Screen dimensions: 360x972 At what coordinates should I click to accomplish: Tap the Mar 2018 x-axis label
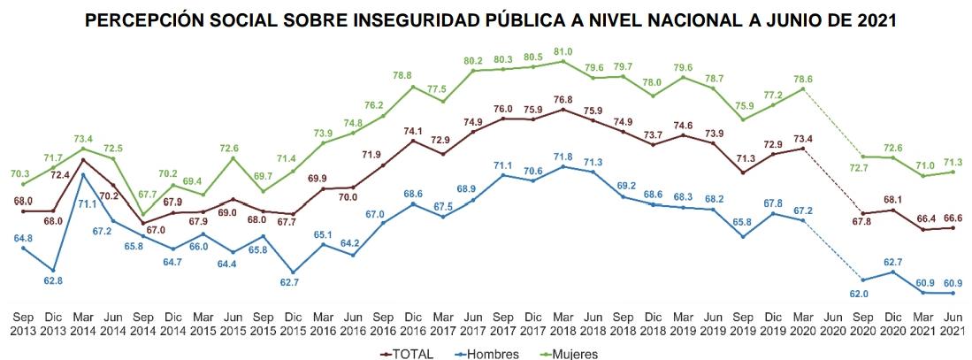[x=563, y=324]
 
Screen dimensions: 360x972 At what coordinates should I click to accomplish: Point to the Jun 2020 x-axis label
[x=832, y=324]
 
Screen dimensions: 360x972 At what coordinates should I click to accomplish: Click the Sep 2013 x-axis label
[x=23, y=324]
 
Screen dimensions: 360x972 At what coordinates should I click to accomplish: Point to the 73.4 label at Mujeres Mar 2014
[x=83, y=139]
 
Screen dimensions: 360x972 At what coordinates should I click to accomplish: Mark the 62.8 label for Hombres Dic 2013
[x=53, y=281]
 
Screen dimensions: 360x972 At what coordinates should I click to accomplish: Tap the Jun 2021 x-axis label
[x=952, y=324]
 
